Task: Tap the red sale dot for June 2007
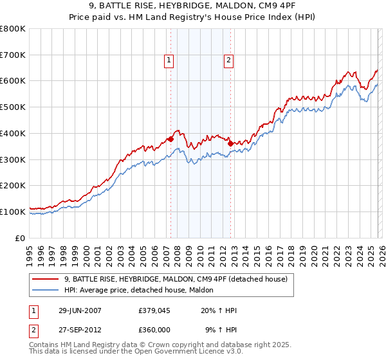click(x=171, y=139)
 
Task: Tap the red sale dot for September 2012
click(x=230, y=144)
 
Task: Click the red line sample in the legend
click(x=46, y=279)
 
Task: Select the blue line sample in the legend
click(x=46, y=290)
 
